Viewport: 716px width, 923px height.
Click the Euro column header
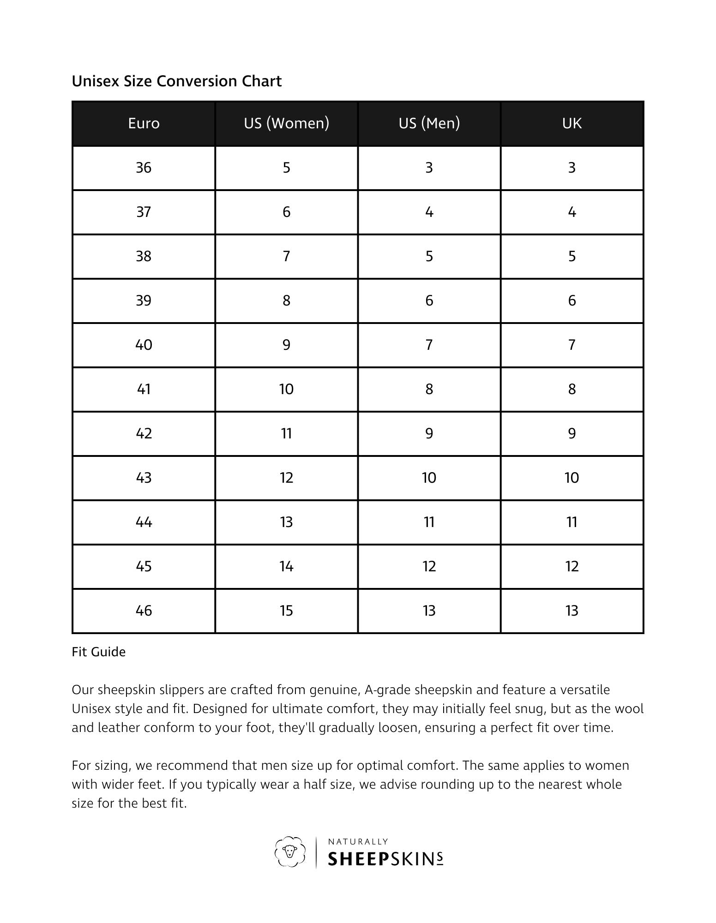click(144, 123)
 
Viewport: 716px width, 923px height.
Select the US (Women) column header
click(286, 123)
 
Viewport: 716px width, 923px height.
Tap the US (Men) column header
click(429, 123)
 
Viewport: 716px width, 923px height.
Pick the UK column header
click(572, 123)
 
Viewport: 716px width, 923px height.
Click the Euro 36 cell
click(144, 168)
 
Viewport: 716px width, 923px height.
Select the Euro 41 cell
click(144, 389)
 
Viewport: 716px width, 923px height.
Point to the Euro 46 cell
click(144, 611)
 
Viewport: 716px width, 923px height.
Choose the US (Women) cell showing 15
click(286, 611)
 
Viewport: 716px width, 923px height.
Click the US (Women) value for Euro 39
click(286, 300)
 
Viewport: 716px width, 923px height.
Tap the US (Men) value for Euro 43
click(429, 478)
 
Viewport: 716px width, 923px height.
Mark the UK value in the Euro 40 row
click(572, 345)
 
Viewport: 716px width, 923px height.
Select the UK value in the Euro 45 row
click(572, 566)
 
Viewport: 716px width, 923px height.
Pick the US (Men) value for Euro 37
click(429, 212)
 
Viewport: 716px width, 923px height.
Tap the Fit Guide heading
click(99, 652)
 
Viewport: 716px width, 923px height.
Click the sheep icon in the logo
click(290, 851)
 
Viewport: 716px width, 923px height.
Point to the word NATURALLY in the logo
click(358, 842)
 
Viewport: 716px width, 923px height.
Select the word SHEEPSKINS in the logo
click(385, 859)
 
